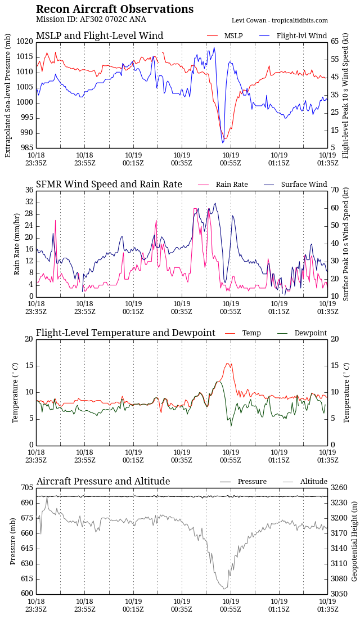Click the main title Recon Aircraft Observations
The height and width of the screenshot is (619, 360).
[115, 10]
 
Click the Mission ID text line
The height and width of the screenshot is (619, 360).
[91, 20]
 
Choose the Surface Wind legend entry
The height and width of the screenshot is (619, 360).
[304, 185]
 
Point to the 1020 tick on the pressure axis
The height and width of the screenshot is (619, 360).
[25, 42]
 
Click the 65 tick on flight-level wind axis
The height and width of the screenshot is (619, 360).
[335, 42]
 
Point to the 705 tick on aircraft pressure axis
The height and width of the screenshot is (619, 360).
[27, 487]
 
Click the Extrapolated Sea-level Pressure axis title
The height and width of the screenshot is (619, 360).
[8, 95]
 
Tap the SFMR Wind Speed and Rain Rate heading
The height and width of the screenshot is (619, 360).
[109, 185]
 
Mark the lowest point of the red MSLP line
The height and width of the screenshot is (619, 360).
[224, 139]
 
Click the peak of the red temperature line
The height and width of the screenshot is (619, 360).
[227, 364]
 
